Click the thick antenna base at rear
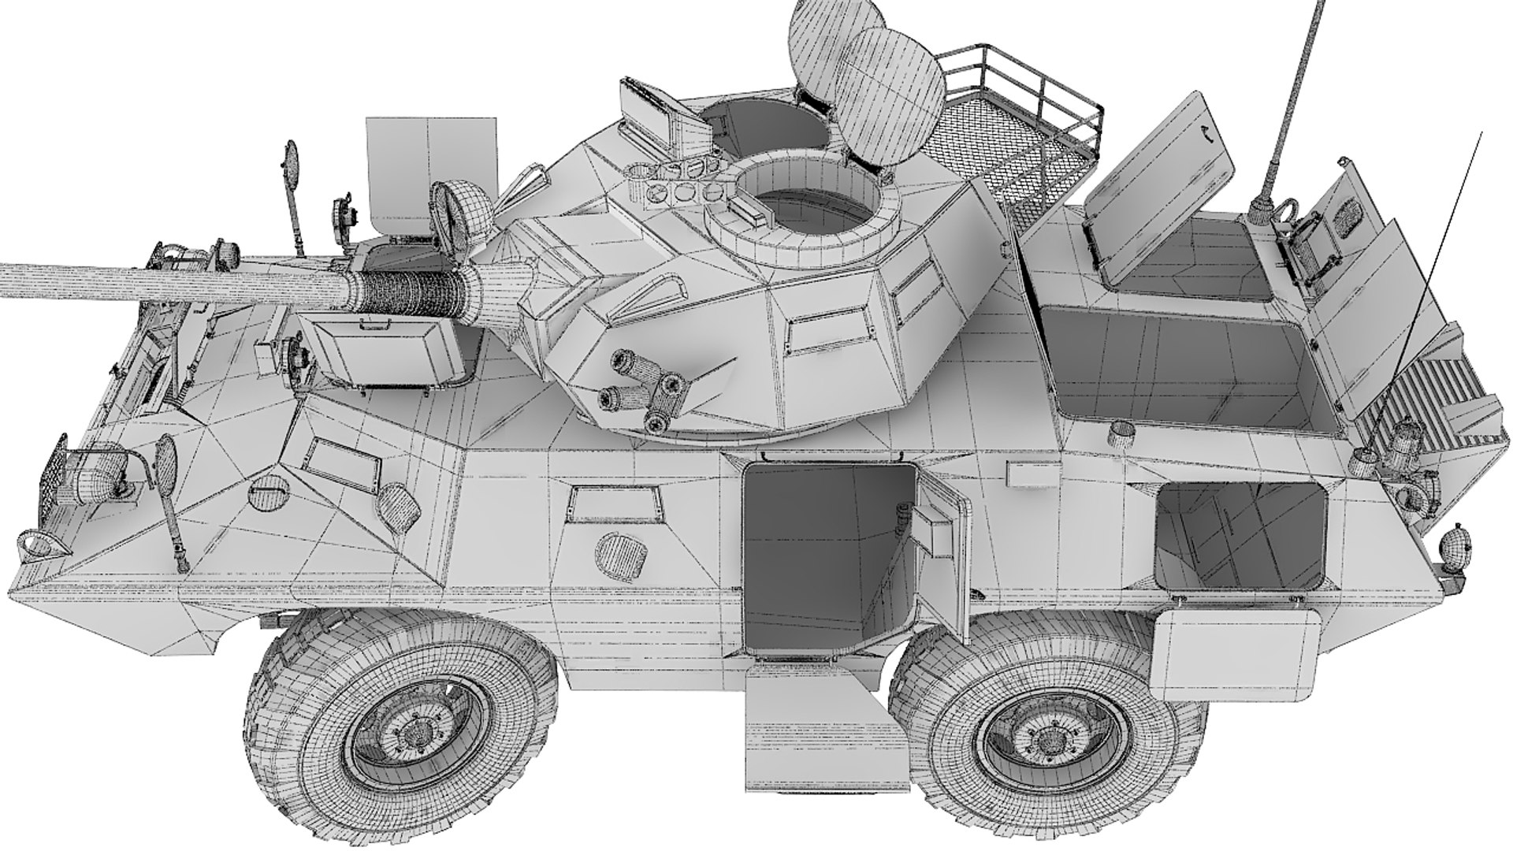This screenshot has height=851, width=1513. point(1259,209)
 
